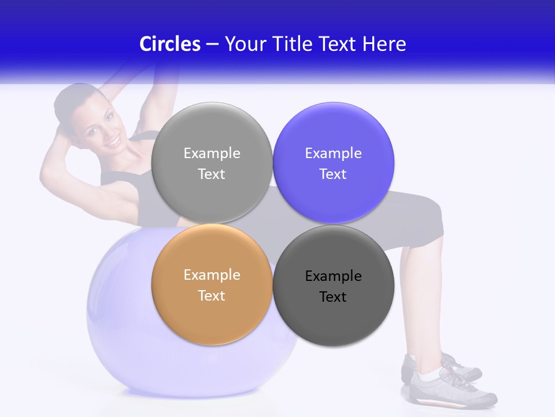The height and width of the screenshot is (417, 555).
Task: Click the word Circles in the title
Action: point(169,44)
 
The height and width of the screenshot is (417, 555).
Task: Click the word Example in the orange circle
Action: point(212,275)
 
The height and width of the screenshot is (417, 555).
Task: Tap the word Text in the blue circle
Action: point(333,174)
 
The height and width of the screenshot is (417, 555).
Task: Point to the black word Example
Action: point(333,276)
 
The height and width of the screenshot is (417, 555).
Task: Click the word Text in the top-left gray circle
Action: point(212,174)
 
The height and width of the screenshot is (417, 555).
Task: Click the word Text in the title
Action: point(338,44)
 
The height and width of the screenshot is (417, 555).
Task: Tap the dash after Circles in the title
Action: point(212,44)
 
